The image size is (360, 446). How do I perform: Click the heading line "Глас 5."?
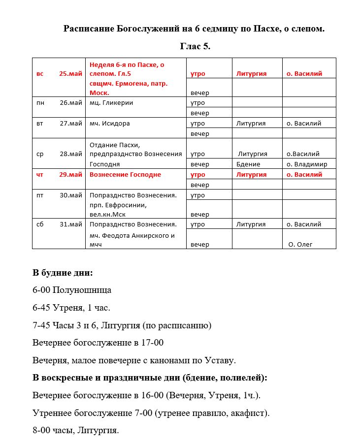(195, 47)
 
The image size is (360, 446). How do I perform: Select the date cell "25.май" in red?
(70, 74)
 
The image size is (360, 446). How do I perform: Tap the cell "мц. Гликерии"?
(111, 103)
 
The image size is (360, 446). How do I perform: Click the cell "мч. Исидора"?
(110, 124)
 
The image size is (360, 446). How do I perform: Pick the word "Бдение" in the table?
(248, 164)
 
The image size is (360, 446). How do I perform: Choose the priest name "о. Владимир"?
(307, 164)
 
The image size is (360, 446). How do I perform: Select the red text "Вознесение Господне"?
(125, 175)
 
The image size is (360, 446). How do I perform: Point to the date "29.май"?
(70, 175)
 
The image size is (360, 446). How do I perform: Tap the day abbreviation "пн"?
(40, 103)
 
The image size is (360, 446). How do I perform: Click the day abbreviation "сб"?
(40, 224)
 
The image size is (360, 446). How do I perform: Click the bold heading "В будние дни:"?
(63, 273)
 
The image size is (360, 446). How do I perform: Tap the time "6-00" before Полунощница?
(42, 290)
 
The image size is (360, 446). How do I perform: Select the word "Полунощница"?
(82, 290)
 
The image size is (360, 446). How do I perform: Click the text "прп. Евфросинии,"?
(118, 205)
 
